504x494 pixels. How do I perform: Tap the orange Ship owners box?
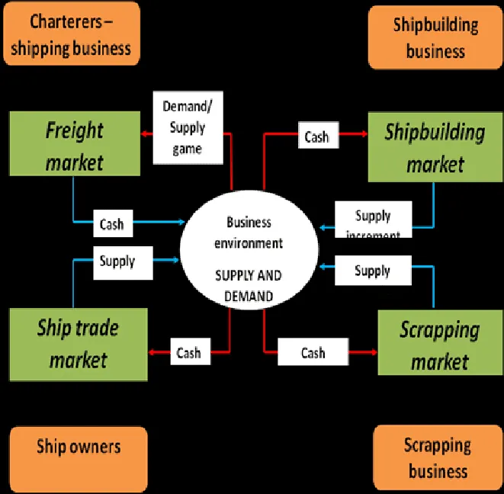click(79, 447)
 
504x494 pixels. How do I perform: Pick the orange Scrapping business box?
click(437, 457)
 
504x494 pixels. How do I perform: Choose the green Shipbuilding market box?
click(434, 147)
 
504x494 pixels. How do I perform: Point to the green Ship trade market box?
click(78, 344)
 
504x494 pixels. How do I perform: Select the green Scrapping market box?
click(439, 345)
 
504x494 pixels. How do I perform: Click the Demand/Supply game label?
click(188, 127)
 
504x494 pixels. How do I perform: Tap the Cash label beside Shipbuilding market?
click(316, 136)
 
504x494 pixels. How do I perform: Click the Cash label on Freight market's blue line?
click(111, 224)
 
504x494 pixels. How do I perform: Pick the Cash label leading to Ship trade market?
click(188, 352)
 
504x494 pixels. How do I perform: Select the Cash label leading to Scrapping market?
click(313, 353)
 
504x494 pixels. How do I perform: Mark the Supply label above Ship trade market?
click(117, 261)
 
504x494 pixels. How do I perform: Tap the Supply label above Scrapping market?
click(372, 271)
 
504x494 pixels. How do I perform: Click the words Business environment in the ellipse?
click(249, 233)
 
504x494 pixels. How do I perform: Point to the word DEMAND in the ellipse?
click(248, 295)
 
